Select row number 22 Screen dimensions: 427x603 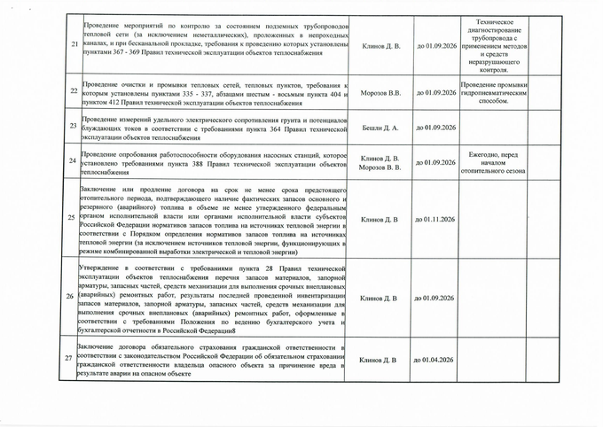(x=73, y=92)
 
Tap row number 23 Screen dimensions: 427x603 (x=73, y=128)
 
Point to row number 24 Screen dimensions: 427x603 (x=73, y=161)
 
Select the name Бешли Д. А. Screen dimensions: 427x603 (x=380, y=128)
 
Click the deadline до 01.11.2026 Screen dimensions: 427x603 (x=435, y=219)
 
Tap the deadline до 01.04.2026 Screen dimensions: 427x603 (x=435, y=360)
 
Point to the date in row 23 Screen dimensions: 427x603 (x=435, y=128)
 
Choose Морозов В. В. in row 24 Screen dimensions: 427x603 (x=380, y=167)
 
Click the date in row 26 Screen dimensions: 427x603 (x=435, y=299)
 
